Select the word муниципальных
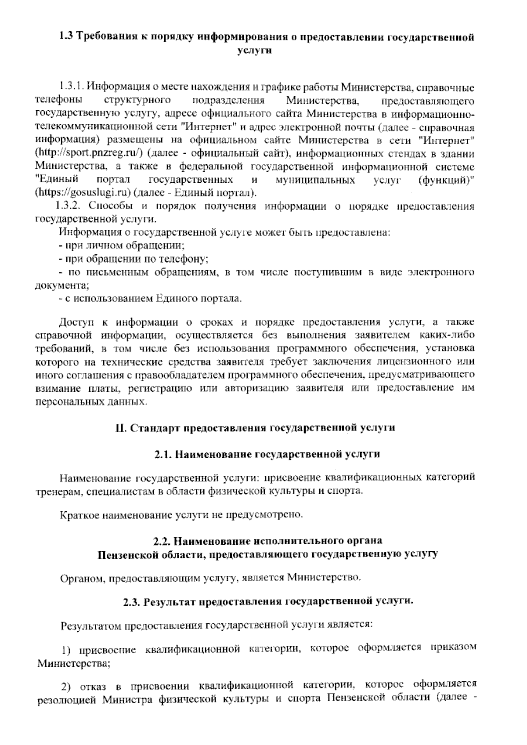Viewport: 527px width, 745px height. point(315,180)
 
